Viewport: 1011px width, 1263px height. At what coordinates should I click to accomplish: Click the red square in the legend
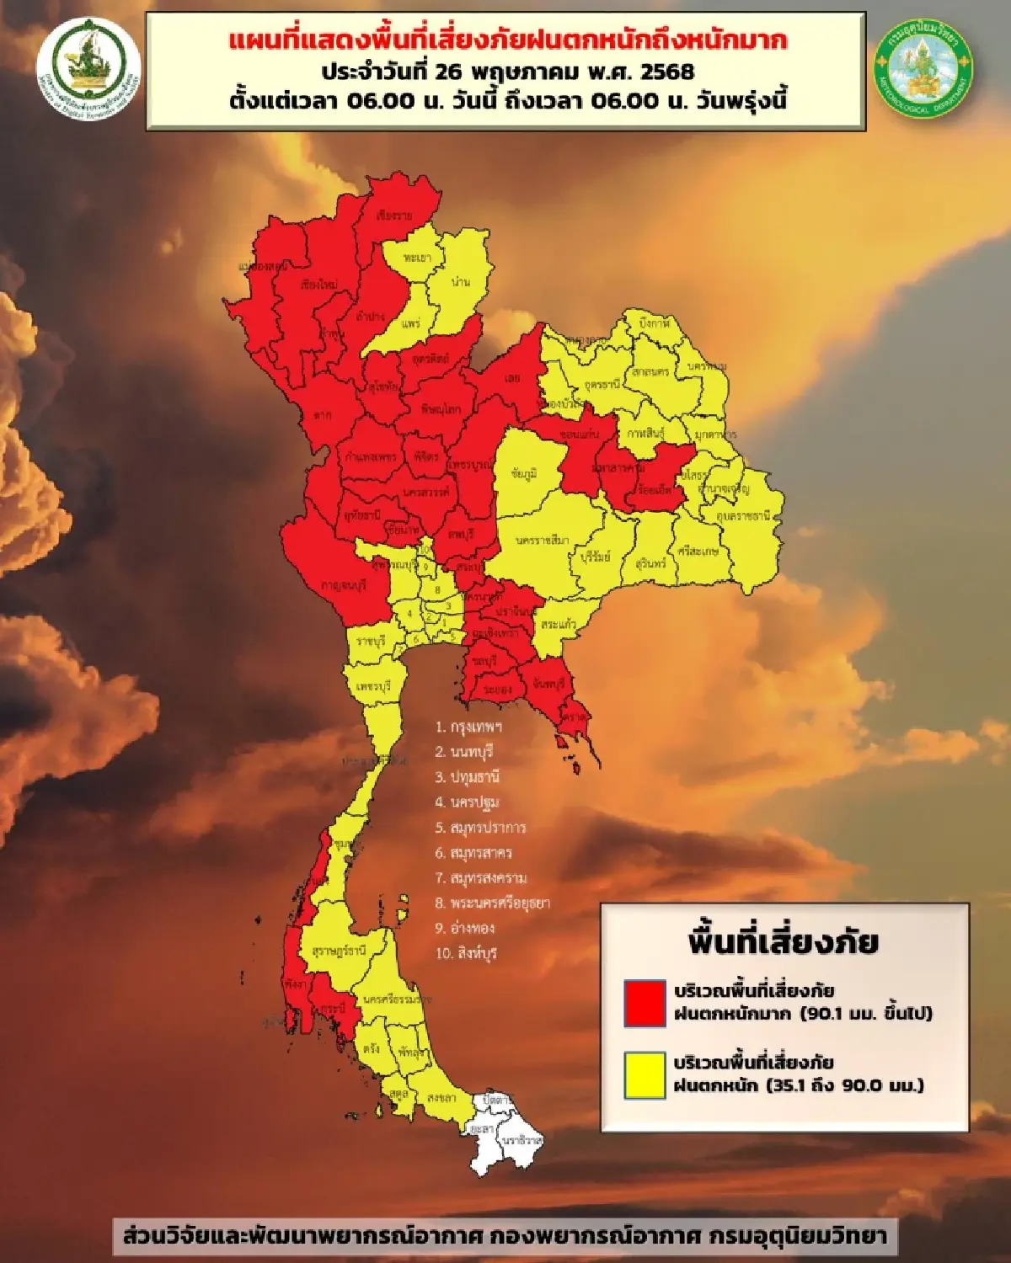click(x=645, y=1002)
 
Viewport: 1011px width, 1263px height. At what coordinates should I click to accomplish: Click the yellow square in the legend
click(x=645, y=1075)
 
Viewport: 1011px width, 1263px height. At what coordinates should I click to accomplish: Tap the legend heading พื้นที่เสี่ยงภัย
click(x=783, y=942)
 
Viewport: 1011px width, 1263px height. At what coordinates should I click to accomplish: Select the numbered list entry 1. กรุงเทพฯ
click(x=469, y=727)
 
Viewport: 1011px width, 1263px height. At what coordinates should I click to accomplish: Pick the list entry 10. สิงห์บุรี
click(x=466, y=953)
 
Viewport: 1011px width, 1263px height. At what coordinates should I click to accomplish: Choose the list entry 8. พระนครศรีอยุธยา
click(x=492, y=903)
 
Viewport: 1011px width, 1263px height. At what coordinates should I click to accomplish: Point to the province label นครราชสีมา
click(x=543, y=540)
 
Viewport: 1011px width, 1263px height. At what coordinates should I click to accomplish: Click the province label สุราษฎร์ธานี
click(x=338, y=951)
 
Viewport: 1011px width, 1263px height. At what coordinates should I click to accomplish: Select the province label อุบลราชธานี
click(x=742, y=515)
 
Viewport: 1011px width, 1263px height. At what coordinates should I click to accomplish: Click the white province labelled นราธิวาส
click(x=522, y=1141)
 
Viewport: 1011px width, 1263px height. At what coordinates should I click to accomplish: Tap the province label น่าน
click(x=460, y=281)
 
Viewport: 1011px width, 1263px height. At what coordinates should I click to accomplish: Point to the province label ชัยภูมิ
click(x=523, y=474)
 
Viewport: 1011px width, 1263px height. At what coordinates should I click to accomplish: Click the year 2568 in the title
click(x=666, y=71)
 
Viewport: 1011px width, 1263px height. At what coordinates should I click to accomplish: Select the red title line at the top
click(x=508, y=40)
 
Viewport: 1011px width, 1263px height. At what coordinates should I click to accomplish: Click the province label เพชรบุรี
click(x=373, y=686)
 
